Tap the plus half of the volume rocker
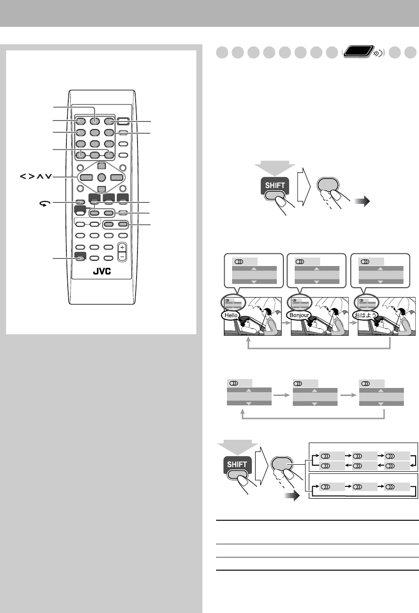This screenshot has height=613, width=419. click(x=122, y=247)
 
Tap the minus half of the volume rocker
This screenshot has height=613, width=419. click(x=122, y=256)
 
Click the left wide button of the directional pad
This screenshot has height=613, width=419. click(x=87, y=177)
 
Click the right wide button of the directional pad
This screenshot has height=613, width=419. click(x=117, y=177)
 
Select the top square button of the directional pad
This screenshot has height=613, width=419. click(x=102, y=166)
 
